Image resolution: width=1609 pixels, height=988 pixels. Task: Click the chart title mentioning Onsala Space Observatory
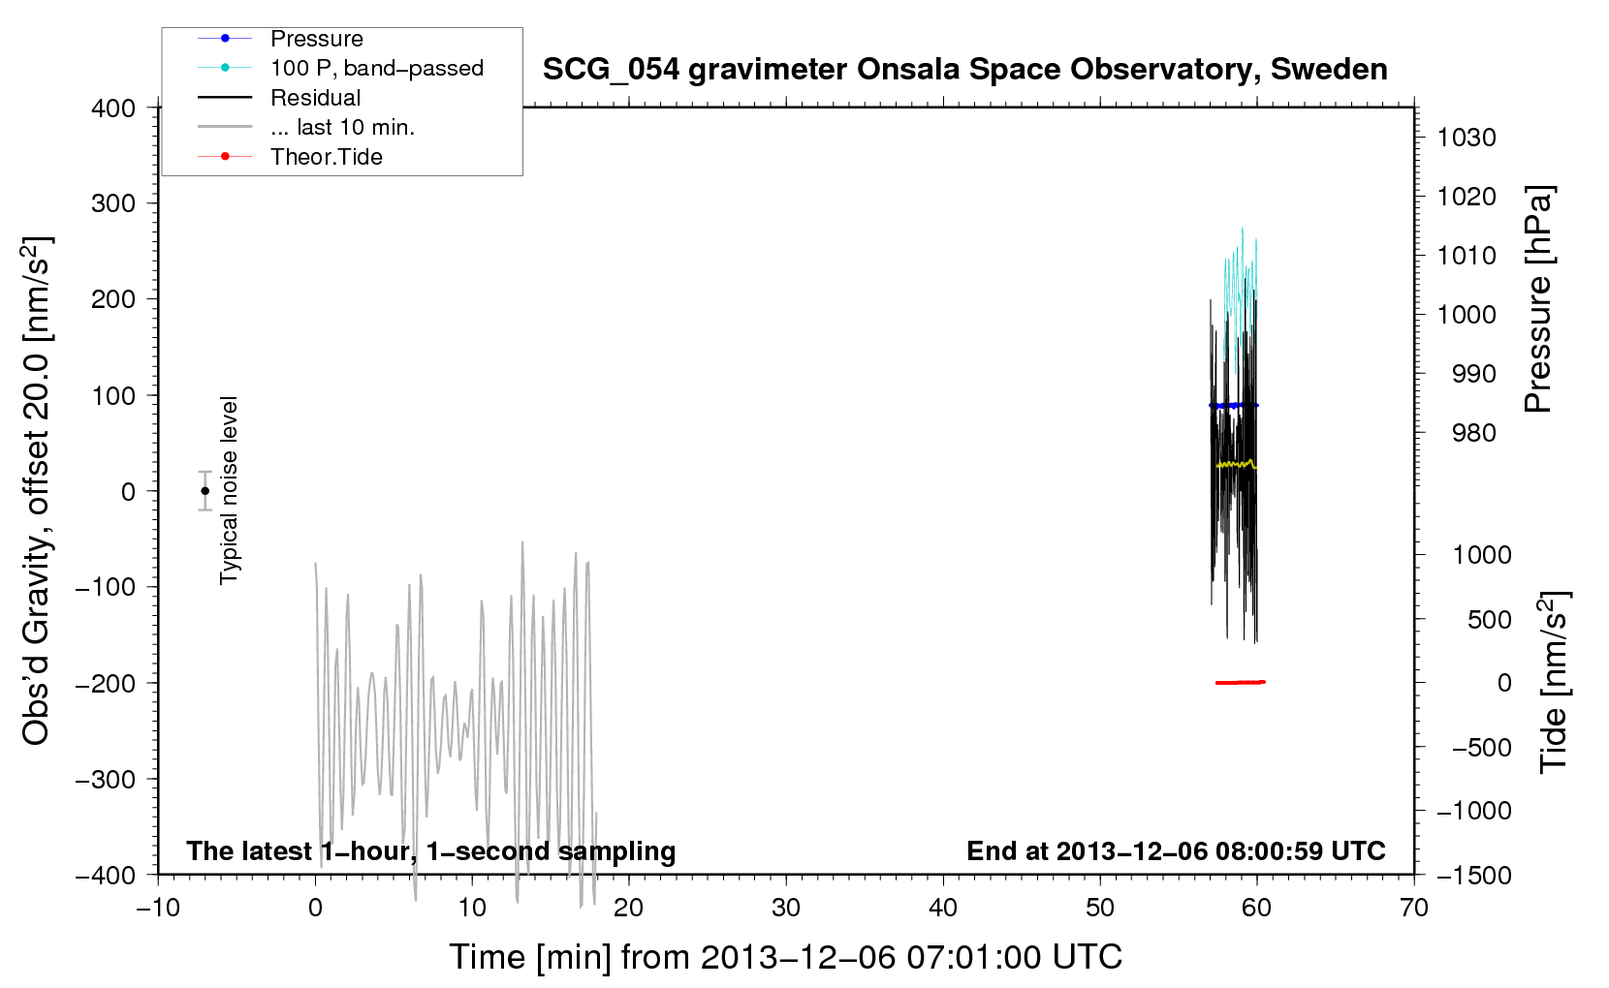coord(964,70)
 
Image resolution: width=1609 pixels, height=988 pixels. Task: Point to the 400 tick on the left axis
coord(113,108)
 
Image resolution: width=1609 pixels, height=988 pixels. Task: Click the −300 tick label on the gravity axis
coord(106,779)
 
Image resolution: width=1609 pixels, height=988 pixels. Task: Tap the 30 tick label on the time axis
coord(786,908)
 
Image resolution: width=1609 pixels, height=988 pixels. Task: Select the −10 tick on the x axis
coord(158,908)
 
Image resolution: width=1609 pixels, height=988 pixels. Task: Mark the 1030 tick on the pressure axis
coord(1467,138)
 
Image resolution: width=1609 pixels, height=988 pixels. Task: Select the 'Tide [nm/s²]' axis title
coord(1554,682)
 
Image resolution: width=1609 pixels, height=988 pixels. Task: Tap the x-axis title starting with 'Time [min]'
coord(786,957)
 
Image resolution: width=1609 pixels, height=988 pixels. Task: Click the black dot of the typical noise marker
coord(205,491)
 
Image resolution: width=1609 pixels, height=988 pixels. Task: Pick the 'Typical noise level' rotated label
coord(228,490)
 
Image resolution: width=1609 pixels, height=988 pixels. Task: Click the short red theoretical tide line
coord(1241,682)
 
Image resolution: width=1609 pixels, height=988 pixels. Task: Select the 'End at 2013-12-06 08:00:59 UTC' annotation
coord(1176,850)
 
